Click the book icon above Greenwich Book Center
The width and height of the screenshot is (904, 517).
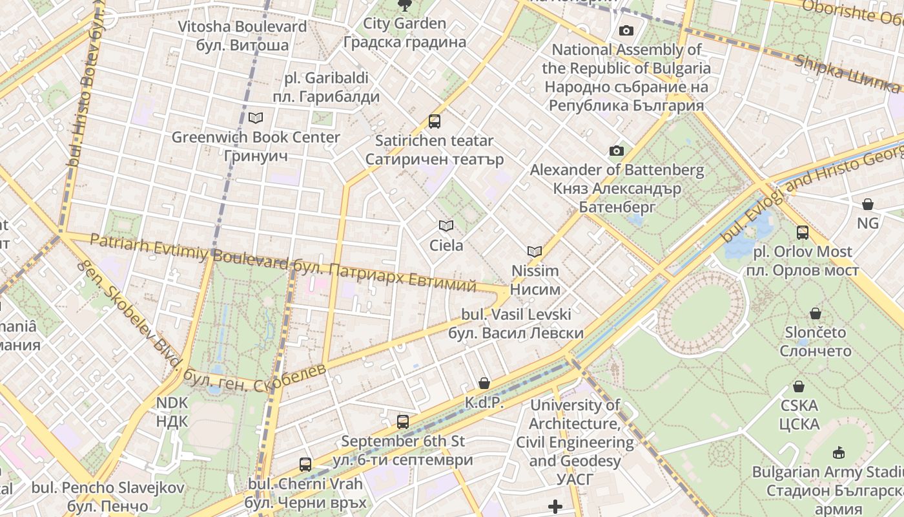[256, 118]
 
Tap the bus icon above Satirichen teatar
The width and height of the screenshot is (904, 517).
[435, 121]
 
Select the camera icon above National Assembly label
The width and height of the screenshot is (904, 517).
[626, 30]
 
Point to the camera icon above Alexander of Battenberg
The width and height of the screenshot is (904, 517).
[617, 151]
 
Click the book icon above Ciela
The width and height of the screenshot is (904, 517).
[446, 226]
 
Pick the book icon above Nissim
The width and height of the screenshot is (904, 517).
[535, 251]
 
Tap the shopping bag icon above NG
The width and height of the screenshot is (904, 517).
[868, 204]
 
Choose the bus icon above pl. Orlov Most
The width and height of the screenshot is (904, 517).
[803, 232]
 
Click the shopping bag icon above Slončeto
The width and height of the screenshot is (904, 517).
[816, 313]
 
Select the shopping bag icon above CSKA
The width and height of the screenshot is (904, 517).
[799, 386]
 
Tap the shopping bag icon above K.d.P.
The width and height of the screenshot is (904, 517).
[484, 383]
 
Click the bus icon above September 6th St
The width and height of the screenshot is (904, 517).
[403, 422]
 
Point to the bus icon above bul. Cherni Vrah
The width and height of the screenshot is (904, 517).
[305, 464]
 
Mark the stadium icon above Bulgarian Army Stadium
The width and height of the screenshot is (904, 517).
[839, 452]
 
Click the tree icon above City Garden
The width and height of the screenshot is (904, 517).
[405, 6]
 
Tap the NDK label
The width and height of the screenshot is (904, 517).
[172, 412]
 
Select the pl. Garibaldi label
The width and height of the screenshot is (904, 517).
[326, 88]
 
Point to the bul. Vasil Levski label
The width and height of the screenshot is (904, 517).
[516, 324]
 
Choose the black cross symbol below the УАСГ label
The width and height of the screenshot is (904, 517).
[555, 506]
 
